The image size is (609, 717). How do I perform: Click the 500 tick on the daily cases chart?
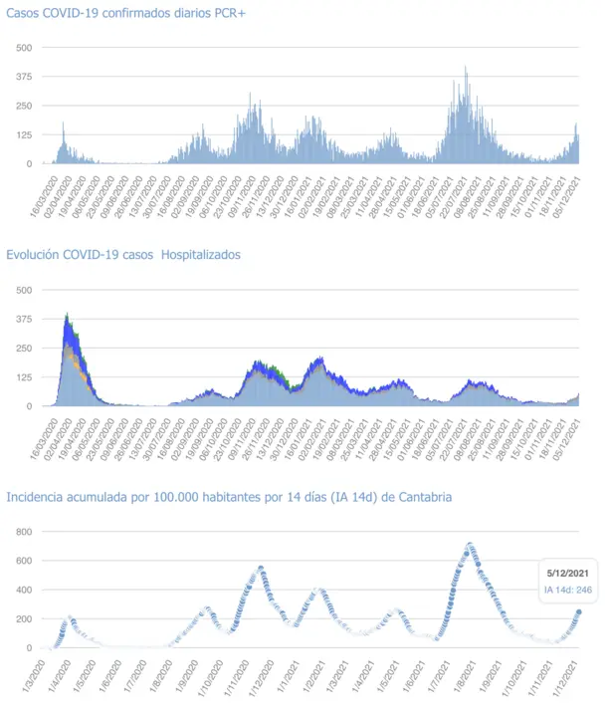[25, 48]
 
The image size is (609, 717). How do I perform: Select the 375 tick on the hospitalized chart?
[25, 319]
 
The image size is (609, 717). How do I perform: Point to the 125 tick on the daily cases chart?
[25, 134]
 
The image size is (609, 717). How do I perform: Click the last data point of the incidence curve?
[579, 612]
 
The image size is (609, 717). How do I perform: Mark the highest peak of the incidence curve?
[470, 545]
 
